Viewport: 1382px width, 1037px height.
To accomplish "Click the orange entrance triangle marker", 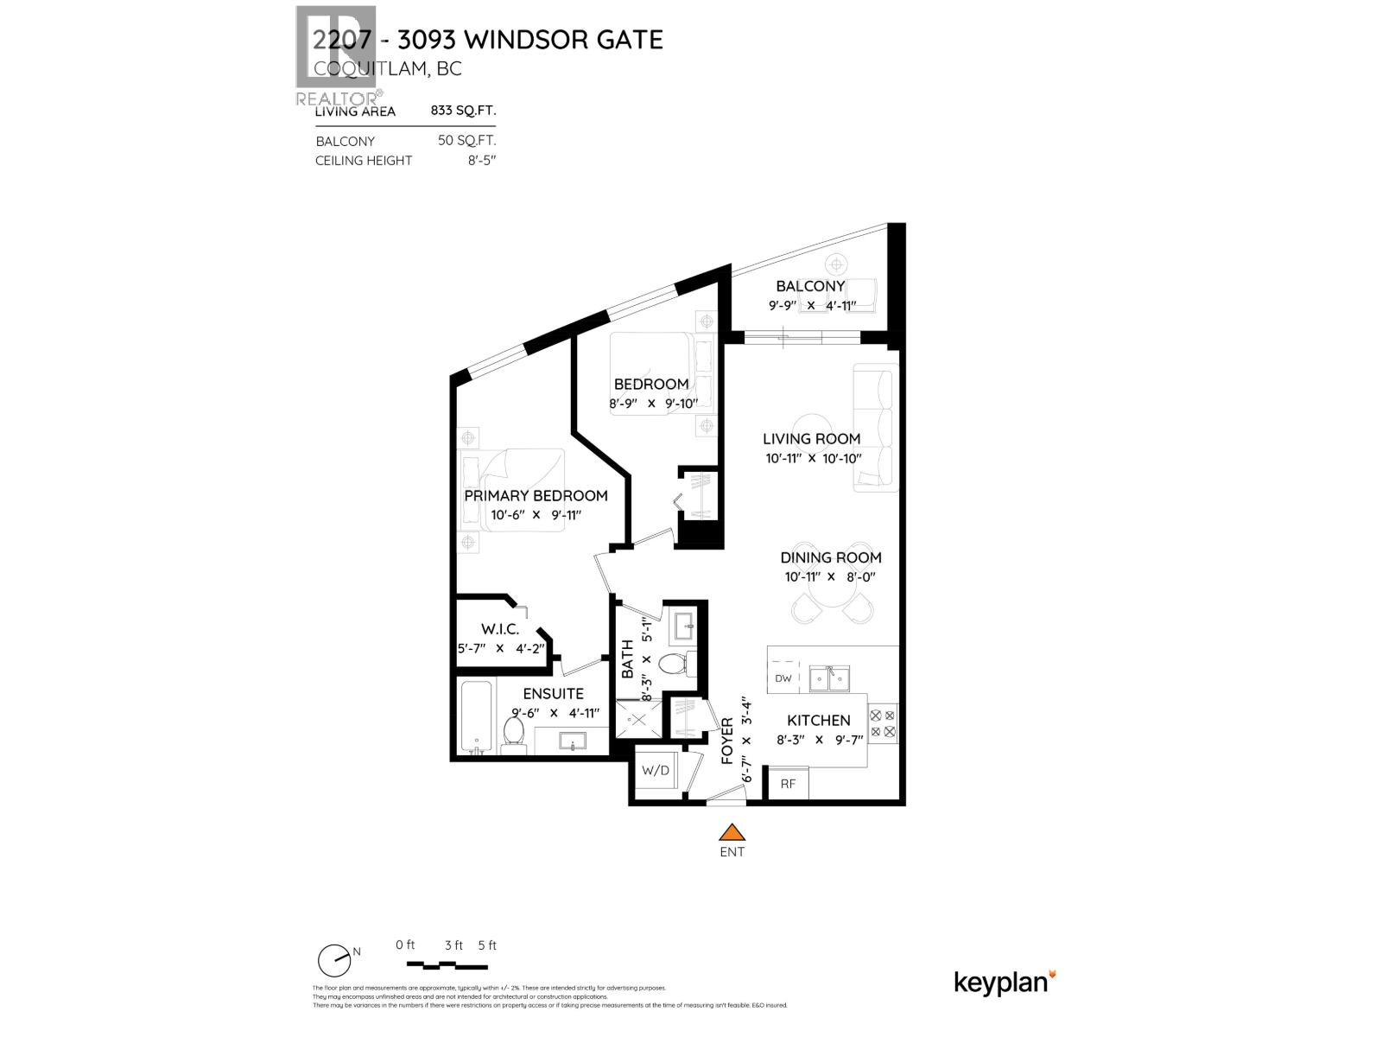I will [732, 832].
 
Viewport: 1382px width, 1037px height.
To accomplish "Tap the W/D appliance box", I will [655, 770].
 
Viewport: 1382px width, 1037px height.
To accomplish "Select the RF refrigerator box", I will [788, 784].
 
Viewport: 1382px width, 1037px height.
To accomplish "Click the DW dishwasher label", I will [783, 678].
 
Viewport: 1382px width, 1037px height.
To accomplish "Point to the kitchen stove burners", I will [883, 724].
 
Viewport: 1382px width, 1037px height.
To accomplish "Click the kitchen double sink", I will [829, 678].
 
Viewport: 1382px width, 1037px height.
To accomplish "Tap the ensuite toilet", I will [513, 734].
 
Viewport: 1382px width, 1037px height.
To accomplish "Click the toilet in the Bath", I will [672, 665].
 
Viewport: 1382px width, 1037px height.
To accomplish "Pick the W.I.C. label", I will [500, 630].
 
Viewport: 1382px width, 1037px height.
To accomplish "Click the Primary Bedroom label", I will [536, 495].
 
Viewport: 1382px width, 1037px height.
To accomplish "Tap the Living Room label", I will [811, 438].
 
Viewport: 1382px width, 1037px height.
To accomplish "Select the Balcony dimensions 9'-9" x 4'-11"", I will [811, 305].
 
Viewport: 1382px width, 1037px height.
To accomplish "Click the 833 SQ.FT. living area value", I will [463, 111].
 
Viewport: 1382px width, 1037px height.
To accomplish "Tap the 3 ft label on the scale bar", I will [454, 945].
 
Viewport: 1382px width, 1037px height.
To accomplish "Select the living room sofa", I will [875, 428].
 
